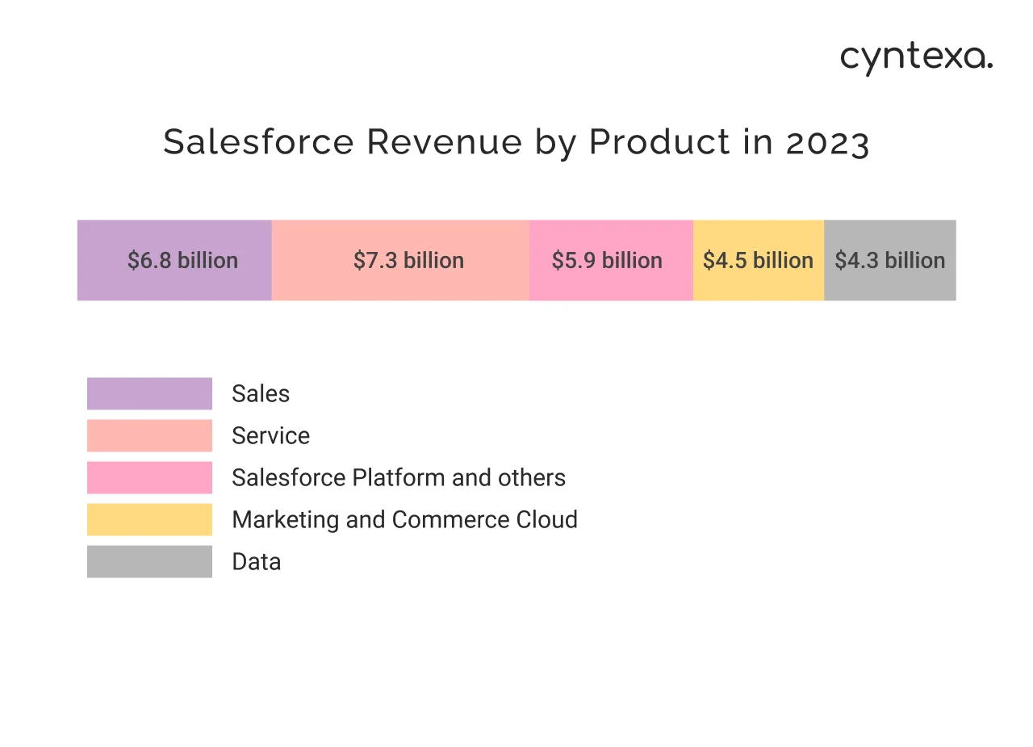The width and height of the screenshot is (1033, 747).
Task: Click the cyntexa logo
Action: point(916,58)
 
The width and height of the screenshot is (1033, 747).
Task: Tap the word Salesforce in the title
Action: point(258,142)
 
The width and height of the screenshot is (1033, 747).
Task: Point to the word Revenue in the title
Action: point(445,142)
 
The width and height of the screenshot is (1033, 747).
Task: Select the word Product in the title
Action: point(659,142)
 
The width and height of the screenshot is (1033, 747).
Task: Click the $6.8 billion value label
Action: point(182,261)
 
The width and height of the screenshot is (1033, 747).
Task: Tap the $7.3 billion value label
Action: point(408,261)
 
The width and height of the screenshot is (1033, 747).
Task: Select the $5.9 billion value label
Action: point(607,261)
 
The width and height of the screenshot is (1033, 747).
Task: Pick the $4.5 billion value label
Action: point(758,261)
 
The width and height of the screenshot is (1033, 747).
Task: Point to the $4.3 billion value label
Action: point(889,261)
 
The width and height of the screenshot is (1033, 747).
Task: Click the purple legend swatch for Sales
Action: point(149,393)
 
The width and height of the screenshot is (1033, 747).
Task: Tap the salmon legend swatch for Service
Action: point(149,435)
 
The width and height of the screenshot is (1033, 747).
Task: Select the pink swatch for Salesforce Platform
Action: point(149,477)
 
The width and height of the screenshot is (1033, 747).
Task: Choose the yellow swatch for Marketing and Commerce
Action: point(149,519)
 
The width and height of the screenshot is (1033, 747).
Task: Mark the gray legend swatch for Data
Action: point(149,561)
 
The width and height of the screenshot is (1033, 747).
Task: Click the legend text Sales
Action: point(260,393)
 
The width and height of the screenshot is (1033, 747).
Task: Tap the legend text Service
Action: point(270,436)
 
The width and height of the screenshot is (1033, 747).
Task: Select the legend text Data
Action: point(256,562)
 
